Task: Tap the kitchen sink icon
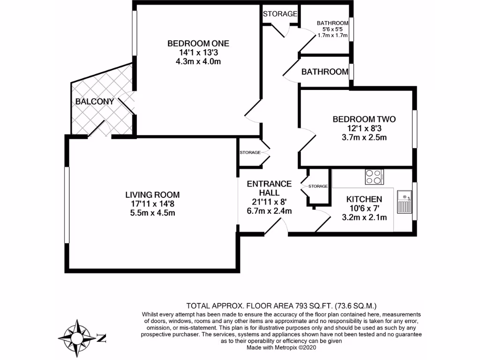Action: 404,202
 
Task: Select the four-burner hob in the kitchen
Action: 374,177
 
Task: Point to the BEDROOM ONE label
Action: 198,44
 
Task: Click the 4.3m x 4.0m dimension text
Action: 198,61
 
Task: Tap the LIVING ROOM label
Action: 152,195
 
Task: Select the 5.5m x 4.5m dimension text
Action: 152,213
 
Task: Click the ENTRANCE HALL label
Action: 269,188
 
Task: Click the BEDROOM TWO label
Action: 364,119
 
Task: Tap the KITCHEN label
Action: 364,199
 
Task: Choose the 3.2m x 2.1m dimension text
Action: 364,217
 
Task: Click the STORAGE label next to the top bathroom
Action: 280,14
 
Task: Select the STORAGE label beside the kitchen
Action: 318,186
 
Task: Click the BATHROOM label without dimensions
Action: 324,72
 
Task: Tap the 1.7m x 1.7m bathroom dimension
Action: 332,35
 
